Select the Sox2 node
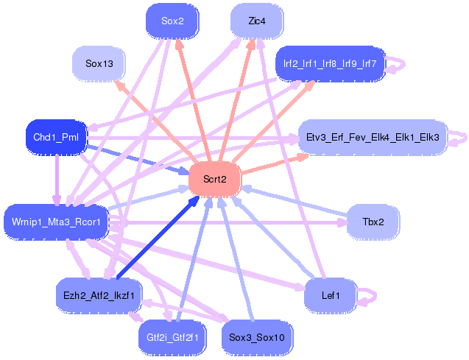tap(172, 20)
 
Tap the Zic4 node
tap(257, 20)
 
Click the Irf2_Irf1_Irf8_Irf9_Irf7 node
tap(330, 64)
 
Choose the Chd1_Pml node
tap(56, 136)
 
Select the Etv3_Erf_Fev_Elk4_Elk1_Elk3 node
tap(373, 137)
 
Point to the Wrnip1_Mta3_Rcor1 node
tap(56, 221)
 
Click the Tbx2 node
tap(373, 221)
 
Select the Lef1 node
tap(331, 295)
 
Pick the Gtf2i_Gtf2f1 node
tap(173, 337)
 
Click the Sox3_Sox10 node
tap(257, 337)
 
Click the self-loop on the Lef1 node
tap(367, 297)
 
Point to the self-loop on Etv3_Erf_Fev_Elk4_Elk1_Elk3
tap(459, 138)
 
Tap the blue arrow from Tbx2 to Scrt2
tap(295, 200)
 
